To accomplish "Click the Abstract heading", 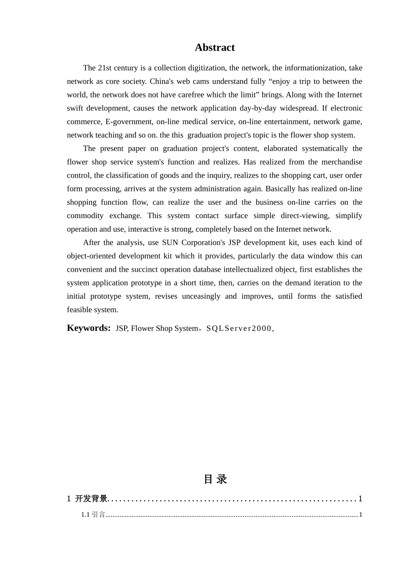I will (214, 48).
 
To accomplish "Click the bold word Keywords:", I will (89, 328).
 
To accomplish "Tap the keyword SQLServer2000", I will (238, 329).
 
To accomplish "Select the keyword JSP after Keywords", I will (122, 329).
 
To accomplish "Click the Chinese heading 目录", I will (215, 479).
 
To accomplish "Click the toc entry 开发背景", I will (91, 499).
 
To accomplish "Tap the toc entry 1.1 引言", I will (93, 515).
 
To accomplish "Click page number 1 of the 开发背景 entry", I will (360, 499).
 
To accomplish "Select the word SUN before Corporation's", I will (170, 243).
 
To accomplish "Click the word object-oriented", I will (91, 256).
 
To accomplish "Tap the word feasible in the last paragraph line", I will (80, 310).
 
